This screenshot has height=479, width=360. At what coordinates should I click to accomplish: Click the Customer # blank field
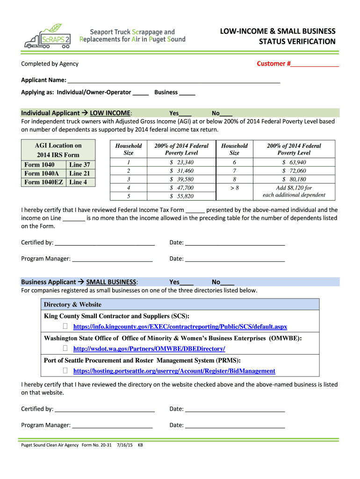pos(314,64)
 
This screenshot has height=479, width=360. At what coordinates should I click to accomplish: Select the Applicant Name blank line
pos(173,80)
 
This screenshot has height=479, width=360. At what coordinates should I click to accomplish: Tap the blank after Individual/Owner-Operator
pos(140,93)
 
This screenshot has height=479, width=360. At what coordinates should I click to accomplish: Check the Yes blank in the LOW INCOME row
pos(185,114)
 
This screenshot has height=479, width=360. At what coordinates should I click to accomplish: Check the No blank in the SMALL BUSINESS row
pos(227,282)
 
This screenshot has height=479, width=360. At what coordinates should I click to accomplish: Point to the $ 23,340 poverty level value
pos(181,162)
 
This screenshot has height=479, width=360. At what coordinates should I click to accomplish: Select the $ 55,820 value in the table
pos(181,196)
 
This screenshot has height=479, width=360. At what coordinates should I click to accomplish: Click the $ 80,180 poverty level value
pos(294,179)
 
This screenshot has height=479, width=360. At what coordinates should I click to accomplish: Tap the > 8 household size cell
pos(234,188)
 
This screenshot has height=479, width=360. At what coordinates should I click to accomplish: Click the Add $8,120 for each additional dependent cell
pos(294,191)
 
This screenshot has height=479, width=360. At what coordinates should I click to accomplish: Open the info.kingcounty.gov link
pos(180,327)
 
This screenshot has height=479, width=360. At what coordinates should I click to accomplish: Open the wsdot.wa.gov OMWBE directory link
pos(149,349)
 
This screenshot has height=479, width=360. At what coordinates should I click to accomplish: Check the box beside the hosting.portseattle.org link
pos(65,371)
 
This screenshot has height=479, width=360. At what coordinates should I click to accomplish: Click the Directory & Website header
pos(72,305)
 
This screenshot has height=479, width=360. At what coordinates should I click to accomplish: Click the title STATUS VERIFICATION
pos(297,42)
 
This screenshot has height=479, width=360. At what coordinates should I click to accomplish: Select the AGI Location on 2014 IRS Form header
pos(58,150)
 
